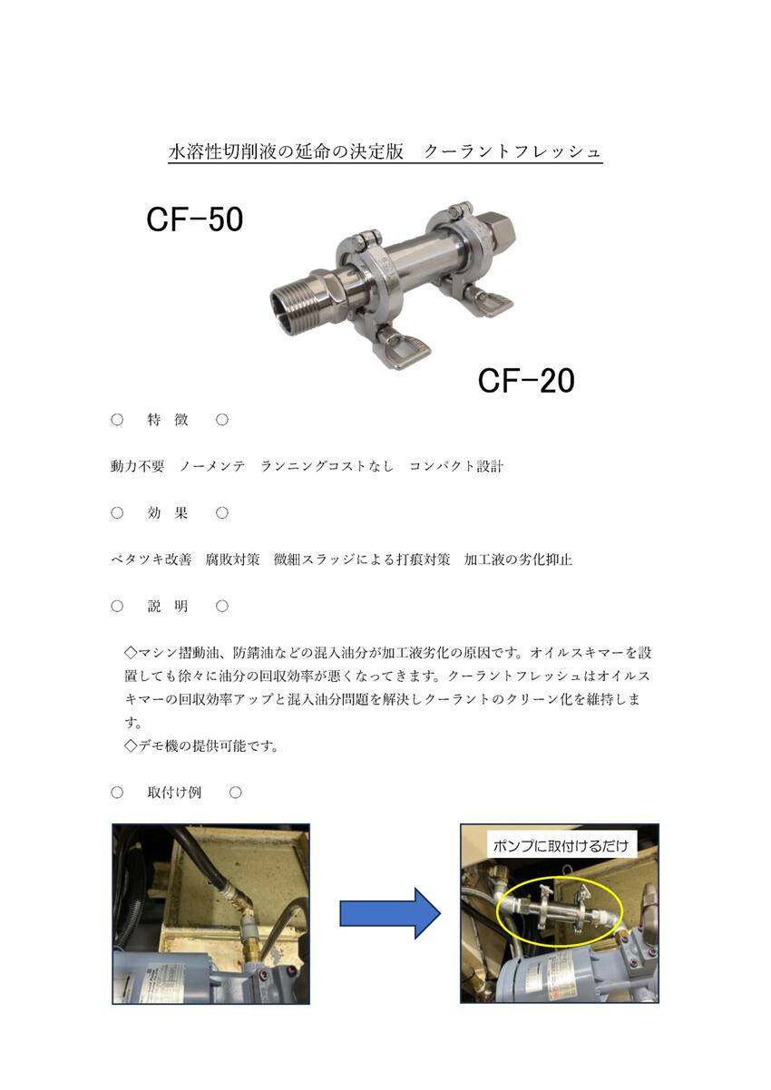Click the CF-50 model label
point(195,219)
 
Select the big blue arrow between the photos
point(390,913)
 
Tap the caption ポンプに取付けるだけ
point(561,846)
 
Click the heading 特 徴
point(168,420)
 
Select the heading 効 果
point(168,513)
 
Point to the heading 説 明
point(168,607)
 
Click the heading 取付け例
point(175,793)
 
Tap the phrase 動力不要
point(138,466)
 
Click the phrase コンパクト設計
point(456,466)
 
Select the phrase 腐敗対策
point(233,560)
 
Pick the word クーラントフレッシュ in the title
point(513,152)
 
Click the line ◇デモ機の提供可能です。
point(202,746)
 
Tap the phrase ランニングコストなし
point(327,466)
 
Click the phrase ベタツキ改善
point(151,560)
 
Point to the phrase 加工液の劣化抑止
point(518,560)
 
